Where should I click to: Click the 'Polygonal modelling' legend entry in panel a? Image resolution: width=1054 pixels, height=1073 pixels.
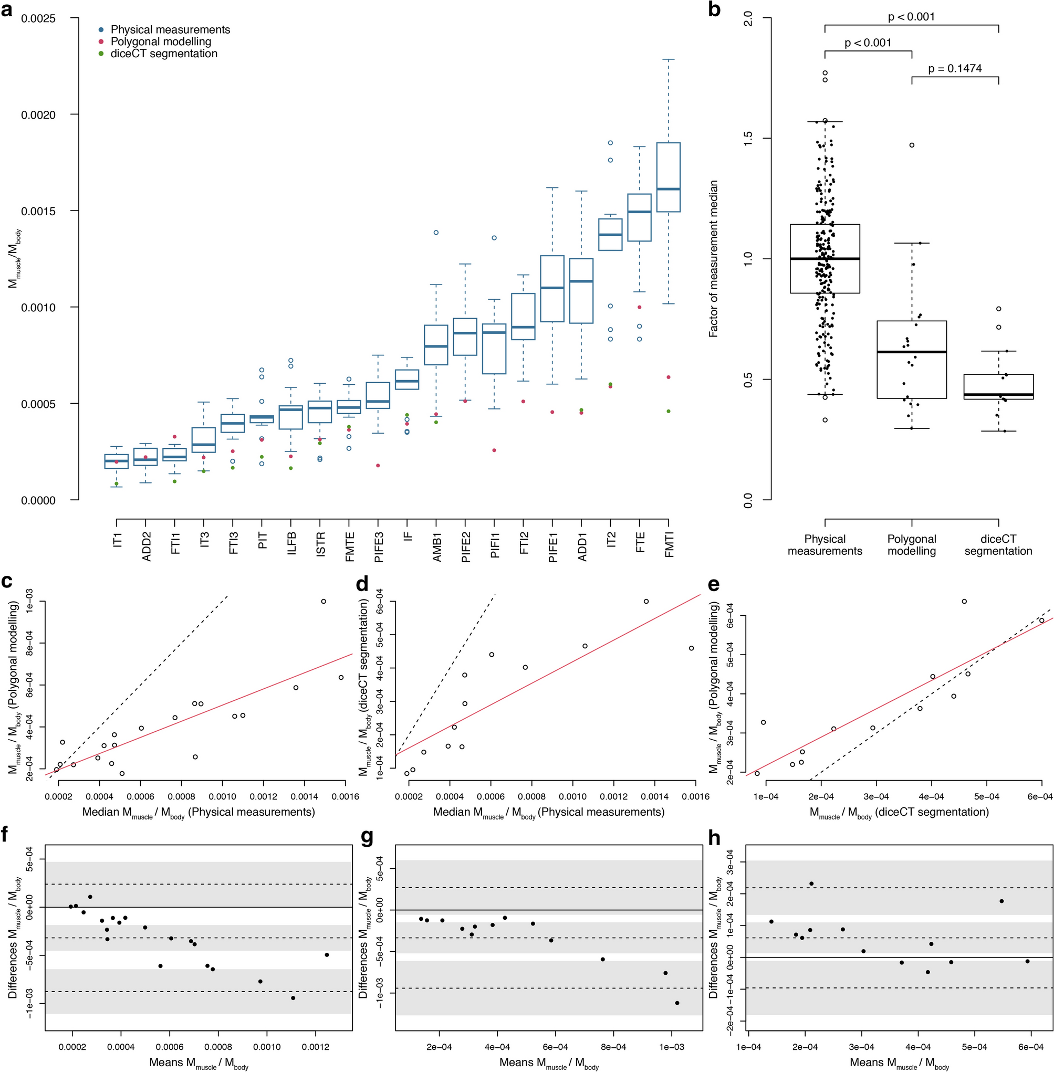(161, 41)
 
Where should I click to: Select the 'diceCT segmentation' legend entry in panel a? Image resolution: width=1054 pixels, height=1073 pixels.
(164, 54)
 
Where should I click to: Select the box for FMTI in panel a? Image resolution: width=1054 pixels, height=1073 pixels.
(668, 177)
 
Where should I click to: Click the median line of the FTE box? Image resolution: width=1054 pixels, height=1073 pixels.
(639, 212)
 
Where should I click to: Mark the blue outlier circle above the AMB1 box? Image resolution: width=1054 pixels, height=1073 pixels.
(436, 233)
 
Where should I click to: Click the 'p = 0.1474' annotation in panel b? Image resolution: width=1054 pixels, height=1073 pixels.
(955, 69)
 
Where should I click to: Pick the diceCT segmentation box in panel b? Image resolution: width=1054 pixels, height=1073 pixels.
(998, 386)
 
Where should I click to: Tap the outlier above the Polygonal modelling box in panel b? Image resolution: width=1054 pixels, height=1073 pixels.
(912, 145)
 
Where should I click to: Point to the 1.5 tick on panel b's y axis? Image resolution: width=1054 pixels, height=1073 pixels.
(748, 139)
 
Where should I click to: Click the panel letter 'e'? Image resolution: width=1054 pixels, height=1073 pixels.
(714, 584)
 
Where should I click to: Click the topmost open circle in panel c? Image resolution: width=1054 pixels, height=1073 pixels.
(324, 602)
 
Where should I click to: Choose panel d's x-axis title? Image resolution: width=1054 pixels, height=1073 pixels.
(549, 812)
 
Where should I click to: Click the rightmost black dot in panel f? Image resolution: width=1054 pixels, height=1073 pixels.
(327, 954)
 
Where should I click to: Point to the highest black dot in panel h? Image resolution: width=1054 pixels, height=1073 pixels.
(811, 883)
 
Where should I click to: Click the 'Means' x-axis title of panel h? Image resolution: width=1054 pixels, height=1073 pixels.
(899, 1063)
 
